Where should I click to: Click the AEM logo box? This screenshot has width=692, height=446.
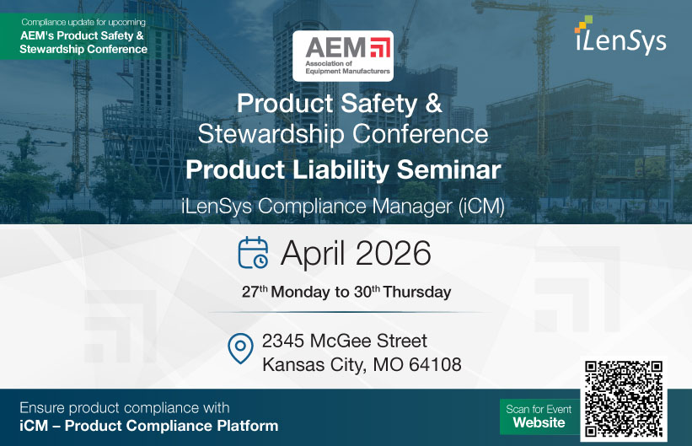tap(342, 56)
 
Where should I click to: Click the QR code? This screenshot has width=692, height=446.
tap(623, 399)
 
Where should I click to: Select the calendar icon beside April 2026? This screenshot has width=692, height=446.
tap(253, 253)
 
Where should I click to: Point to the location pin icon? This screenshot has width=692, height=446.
tap(241, 348)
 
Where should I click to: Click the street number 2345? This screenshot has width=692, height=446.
tap(283, 341)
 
